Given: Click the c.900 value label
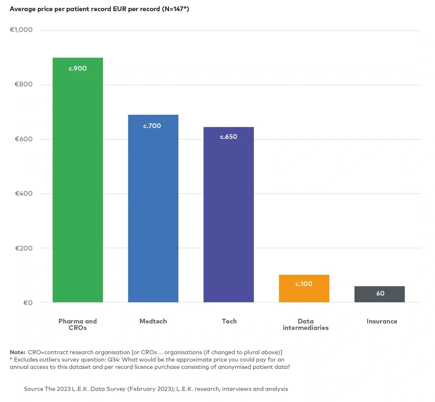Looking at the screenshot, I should pos(78,69).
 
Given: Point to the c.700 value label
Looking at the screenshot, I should pos(152,126).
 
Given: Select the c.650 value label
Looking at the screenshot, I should pos(229,137).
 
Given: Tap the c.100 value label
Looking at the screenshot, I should pos(304,284).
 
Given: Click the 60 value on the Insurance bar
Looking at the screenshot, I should pos(380,293).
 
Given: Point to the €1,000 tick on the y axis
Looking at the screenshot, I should pos(21,30).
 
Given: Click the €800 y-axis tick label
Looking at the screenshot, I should pos(23,84).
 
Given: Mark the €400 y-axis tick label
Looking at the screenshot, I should pos(23,193).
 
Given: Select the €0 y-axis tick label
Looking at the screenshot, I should pos(28,303).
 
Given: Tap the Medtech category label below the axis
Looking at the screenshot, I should pos(153,321).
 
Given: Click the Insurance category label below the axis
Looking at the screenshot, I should pos(382,321).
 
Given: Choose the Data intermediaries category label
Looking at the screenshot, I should pos(306,324).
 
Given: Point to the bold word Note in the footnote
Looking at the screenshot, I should pos(17,352).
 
